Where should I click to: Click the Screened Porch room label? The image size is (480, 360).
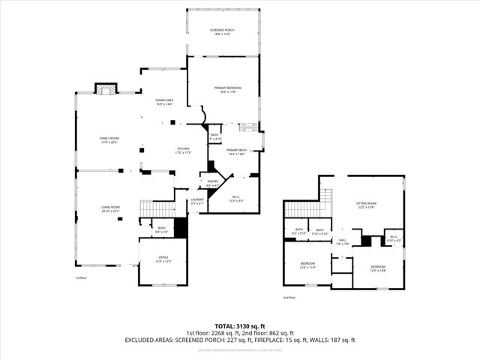(223, 32)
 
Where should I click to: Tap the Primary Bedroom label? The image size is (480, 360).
(223, 90)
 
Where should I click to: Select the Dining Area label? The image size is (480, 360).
(165, 102)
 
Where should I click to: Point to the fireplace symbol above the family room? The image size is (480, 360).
(106, 88)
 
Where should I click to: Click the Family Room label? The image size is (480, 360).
(110, 140)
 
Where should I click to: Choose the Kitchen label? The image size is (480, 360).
(184, 151)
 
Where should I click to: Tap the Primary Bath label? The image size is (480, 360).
(237, 151)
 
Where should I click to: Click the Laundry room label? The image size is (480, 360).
(197, 201)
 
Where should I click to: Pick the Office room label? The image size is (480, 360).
(163, 260)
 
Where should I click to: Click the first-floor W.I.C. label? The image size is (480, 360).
(235, 199)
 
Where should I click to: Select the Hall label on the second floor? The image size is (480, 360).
(343, 242)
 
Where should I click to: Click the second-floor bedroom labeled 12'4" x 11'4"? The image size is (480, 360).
(308, 265)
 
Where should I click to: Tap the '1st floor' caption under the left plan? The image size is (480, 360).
(82, 277)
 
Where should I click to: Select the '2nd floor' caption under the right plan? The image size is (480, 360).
(289, 298)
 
